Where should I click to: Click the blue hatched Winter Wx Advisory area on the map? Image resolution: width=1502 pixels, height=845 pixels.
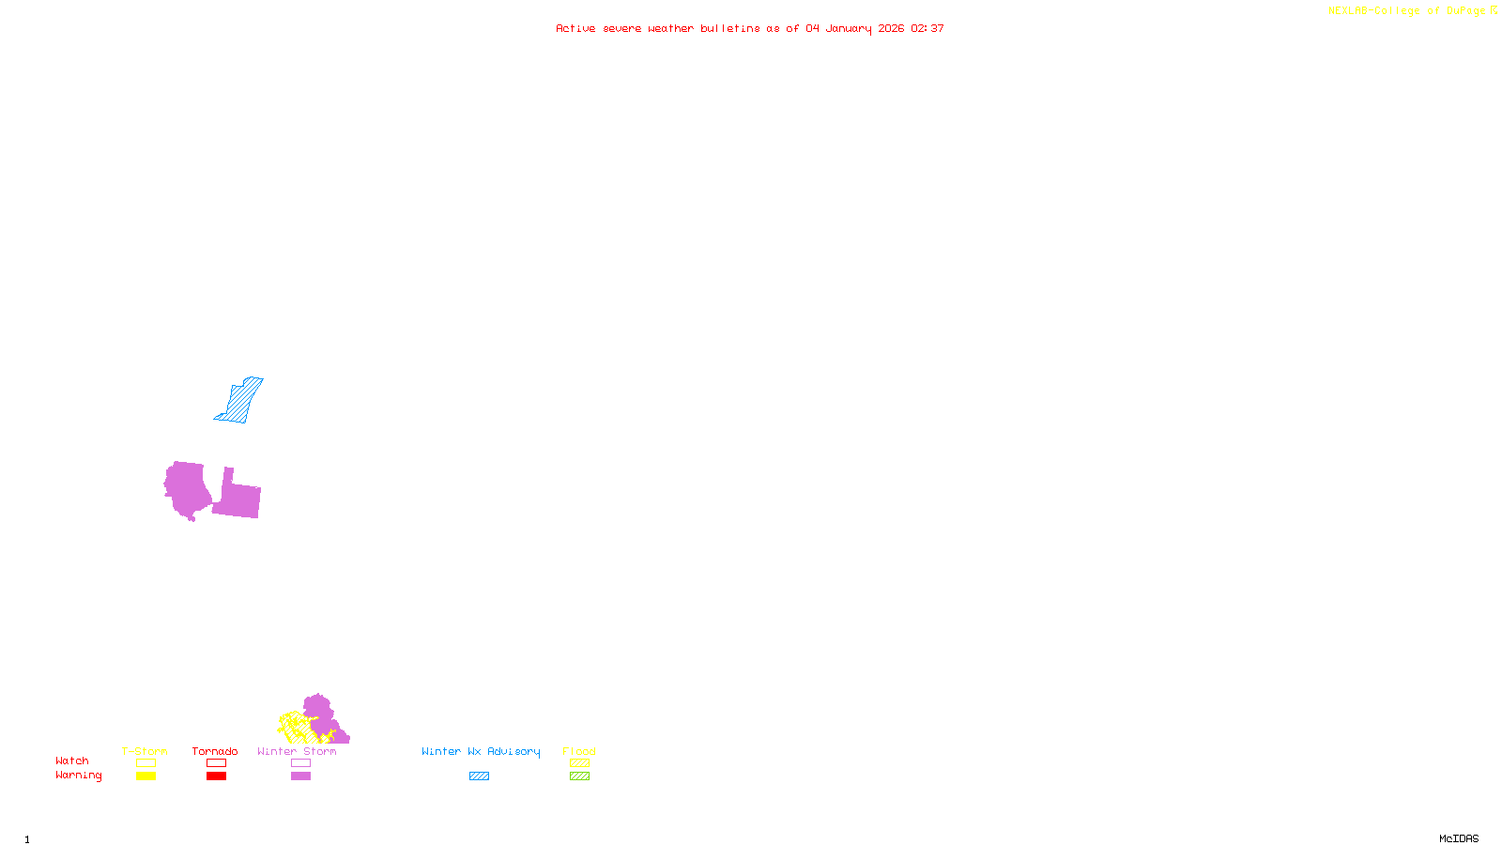[x=240, y=401]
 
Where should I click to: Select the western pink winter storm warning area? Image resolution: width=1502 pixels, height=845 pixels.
[x=188, y=488]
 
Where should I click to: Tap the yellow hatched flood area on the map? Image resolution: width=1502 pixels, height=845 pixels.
[x=297, y=728]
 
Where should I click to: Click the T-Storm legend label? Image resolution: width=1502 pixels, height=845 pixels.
[x=145, y=751]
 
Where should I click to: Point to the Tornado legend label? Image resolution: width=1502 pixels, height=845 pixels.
[x=215, y=751]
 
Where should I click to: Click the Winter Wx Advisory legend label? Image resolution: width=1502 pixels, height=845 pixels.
[x=481, y=751]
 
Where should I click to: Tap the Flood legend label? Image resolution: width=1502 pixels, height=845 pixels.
[x=579, y=751]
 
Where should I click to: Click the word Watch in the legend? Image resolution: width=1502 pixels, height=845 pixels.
[x=72, y=760]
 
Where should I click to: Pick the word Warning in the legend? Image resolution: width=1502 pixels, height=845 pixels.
[x=79, y=776]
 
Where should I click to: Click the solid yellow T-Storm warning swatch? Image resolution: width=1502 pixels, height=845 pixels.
[x=146, y=776]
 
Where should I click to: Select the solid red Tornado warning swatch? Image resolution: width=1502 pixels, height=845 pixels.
[x=216, y=776]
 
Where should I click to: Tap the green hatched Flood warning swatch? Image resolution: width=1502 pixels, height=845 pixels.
[x=579, y=776]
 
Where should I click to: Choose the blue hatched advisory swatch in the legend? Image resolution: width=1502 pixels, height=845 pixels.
[x=479, y=776]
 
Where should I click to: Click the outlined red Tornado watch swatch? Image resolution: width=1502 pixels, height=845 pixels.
[x=216, y=763]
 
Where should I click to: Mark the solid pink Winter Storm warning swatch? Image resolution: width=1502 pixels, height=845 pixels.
[x=300, y=776]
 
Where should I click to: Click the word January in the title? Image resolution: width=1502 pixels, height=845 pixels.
[x=849, y=28]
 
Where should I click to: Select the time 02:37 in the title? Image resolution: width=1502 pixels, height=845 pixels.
[x=927, y=28]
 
